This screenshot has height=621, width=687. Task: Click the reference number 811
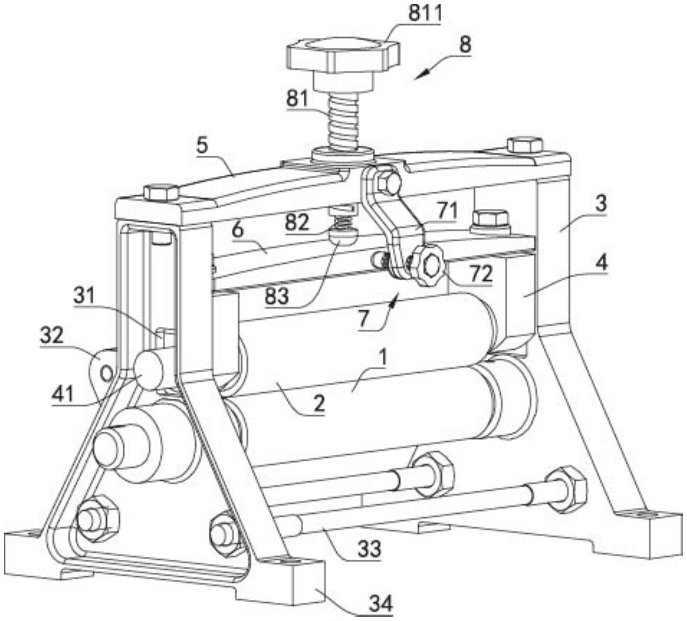(x=425, y=14)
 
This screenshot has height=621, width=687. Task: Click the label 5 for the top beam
(x=202, y=146)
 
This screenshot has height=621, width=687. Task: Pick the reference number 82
(x=297, y=223)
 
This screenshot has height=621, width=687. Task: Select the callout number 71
(x=446, y=211)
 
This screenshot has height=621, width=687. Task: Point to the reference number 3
(x=601, y=203)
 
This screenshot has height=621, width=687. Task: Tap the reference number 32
(x=52, y=335)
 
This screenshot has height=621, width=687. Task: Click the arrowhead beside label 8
(x=421, y=75)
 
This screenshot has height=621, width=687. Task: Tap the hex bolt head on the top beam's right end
(x=525, y=144)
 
